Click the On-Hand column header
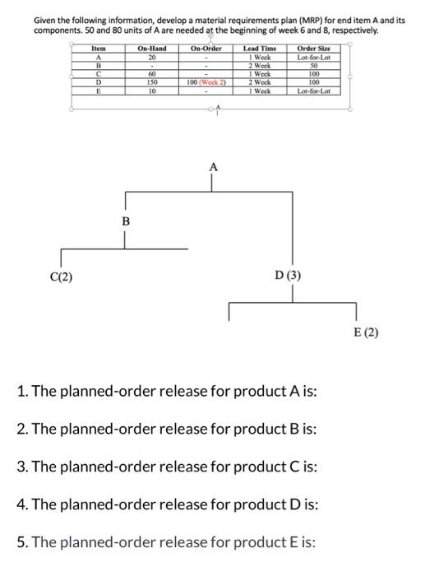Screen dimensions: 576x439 click(152, 49)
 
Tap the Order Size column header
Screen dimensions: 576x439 click(313, 49)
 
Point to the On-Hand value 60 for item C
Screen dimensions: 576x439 click(152, 77)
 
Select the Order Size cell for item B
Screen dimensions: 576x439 click(313, 70)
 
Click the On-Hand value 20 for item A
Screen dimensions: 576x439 click(152, 57)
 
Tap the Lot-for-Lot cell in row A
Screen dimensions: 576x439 click(313, 57)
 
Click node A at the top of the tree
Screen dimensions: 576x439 click(214, 166)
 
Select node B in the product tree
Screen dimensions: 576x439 click(125, 221)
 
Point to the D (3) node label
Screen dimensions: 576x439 click(289, 276)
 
